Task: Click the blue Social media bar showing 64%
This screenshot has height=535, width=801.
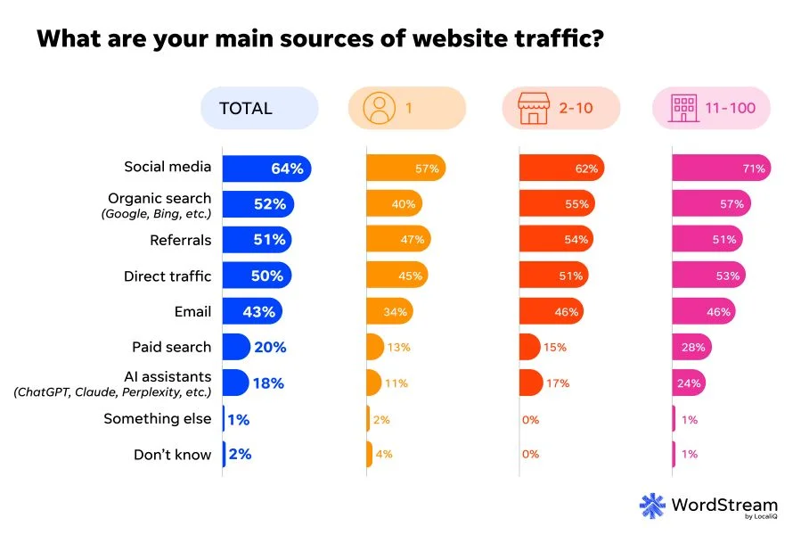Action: tap(266, 168)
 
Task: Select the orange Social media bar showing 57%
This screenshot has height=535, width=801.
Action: tap(405, 168)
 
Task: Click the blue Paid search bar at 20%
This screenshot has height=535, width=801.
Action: tap(236, 347)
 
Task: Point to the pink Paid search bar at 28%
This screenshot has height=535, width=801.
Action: tap(691, 347)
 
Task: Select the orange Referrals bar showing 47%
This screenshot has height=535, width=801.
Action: tap(398, 240)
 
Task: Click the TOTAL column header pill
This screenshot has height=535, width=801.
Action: tap(258, 109)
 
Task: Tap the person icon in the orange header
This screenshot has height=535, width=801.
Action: tap(379, 109)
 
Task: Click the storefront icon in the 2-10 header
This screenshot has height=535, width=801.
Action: tap(533, 109)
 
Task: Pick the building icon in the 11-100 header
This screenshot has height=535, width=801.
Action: tap(685, 109)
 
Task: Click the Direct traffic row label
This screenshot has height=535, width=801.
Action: tap(168, 276)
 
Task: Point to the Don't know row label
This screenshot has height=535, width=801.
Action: tap(172, 454)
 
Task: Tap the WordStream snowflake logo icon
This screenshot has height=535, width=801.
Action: tap(652, 505)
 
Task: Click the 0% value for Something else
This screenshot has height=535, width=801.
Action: tap(531, 419)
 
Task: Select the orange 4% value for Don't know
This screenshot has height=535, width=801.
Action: tap(384, 455)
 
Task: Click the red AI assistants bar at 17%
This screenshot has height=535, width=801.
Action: tap(531, 383)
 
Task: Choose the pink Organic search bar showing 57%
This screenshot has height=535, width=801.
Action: tap(711, 204)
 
